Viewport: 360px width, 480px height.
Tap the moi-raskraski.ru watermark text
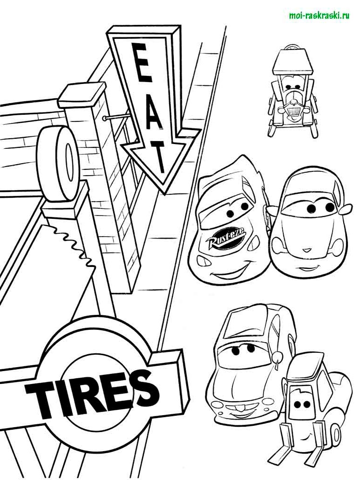coord(319,15)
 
